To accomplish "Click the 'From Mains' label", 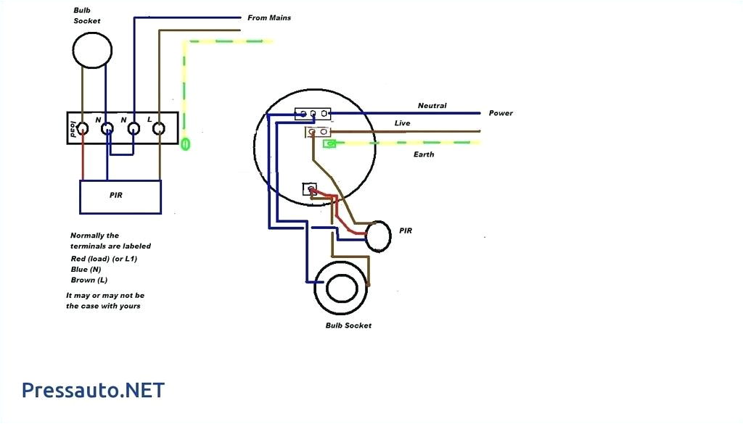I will (269, 17).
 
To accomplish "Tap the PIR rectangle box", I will (120, 196).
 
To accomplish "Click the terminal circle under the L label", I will (160, 130).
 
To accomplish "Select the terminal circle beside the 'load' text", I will (83, 130).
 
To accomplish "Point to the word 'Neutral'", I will (432, 106).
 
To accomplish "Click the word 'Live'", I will (402, 123).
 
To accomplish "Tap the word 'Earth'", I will (424, 154).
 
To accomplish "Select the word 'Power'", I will (501, 113).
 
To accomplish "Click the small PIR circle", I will (378, 236).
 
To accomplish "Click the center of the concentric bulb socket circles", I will (341, 288).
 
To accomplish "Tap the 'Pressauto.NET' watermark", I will (93, 391).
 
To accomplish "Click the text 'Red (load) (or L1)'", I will (104, 258).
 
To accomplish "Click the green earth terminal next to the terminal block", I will (185, 144).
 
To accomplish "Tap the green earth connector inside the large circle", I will (329, 144).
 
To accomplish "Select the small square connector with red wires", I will (310, 189).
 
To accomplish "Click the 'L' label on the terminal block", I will (149, 119).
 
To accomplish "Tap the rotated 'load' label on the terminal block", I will (73, 129).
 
